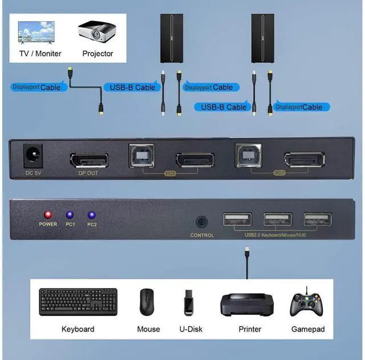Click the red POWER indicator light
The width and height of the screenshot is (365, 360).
click(48, 215)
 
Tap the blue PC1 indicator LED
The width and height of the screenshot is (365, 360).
click(70, 215)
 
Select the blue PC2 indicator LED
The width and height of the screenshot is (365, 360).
click(91, 215)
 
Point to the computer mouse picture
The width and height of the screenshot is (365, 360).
click(148, 303)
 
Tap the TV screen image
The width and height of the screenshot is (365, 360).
click(36, 33)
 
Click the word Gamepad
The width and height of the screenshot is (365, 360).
click(307, 329)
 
